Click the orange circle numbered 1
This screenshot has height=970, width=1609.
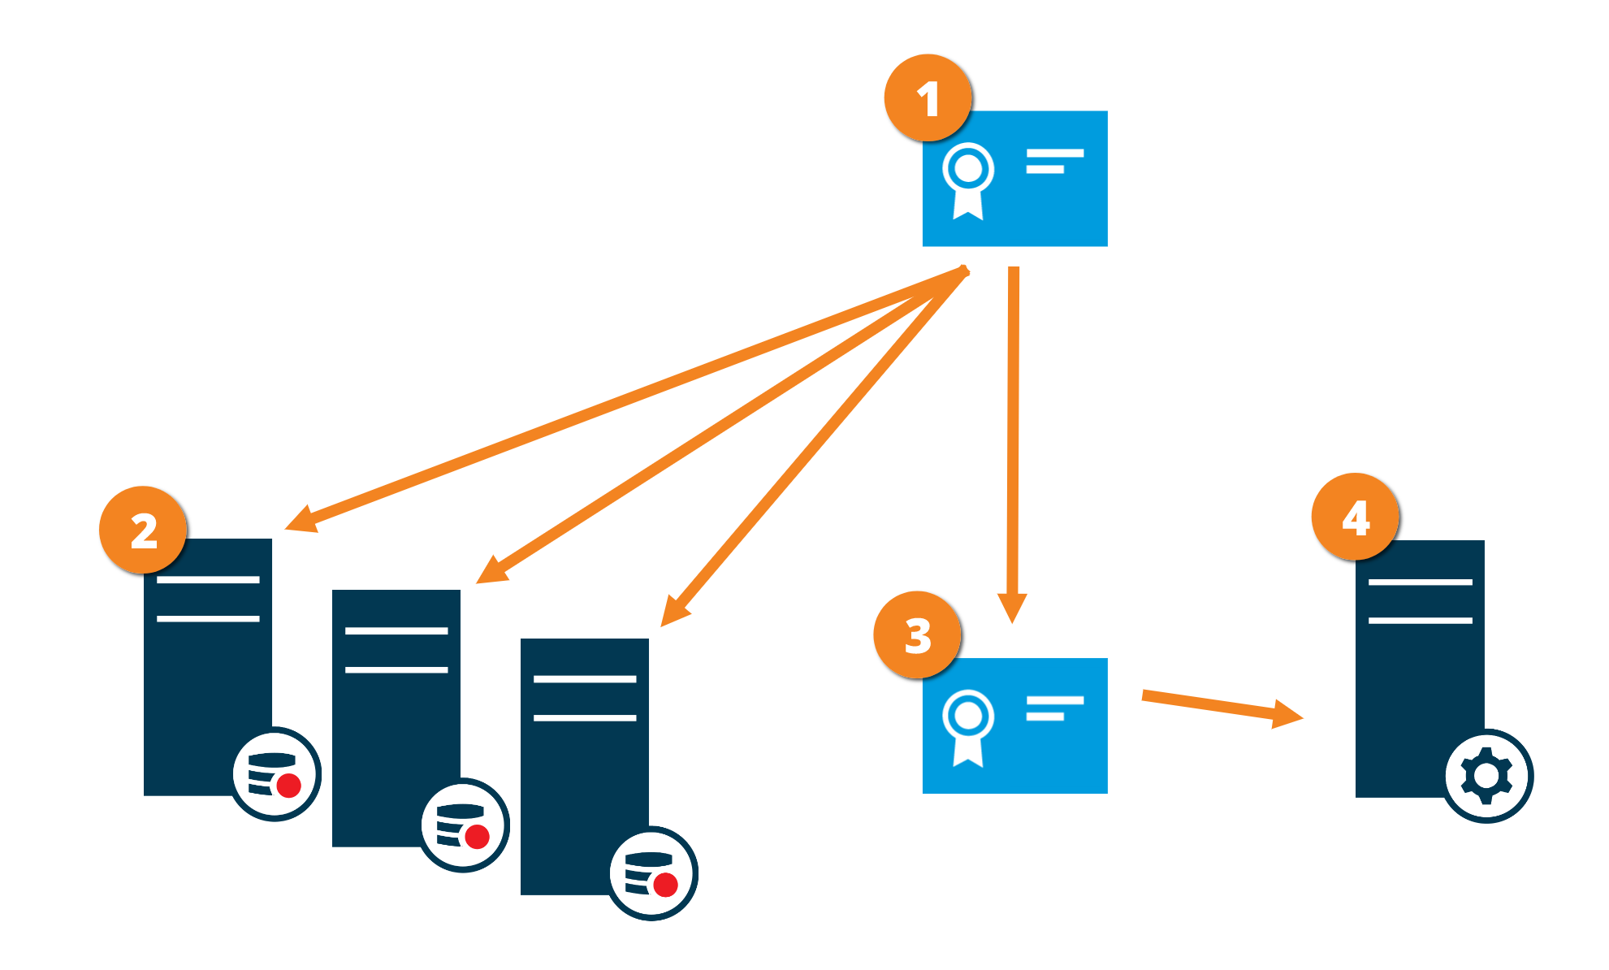928,98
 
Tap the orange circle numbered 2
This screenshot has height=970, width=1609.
143,530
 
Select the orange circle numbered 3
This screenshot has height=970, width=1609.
917,635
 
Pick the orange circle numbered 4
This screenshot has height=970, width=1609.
1355,517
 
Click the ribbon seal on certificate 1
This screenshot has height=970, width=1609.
968,179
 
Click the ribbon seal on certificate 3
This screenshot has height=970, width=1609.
968,726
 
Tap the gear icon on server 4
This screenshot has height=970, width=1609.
1486,776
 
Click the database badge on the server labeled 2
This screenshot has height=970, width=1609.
275,774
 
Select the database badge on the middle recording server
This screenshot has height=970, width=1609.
464,825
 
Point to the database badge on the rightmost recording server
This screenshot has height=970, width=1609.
652,873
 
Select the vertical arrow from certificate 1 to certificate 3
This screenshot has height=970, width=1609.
1013,439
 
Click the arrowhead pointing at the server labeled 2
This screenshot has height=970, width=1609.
303,519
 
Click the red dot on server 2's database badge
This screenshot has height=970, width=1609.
288,786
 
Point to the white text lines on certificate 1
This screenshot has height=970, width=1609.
1054,161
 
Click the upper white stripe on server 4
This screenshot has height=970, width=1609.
1420,582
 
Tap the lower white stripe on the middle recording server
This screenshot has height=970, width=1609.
396,669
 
